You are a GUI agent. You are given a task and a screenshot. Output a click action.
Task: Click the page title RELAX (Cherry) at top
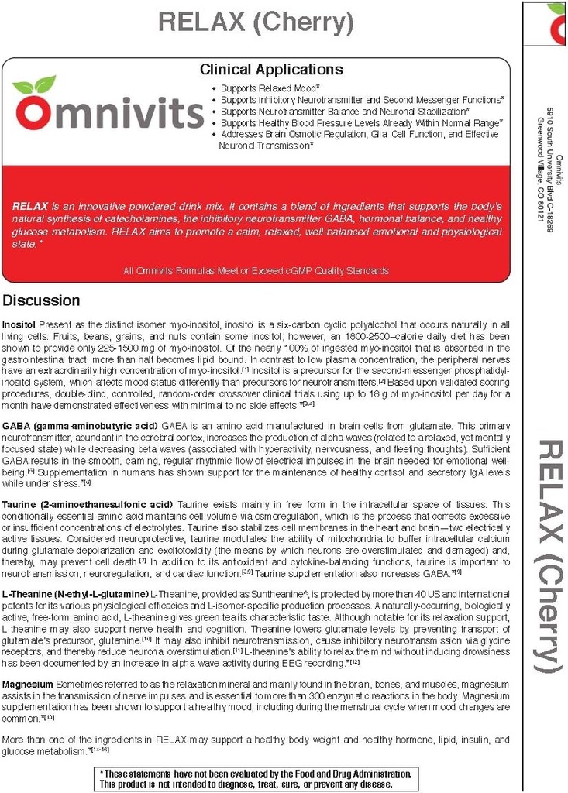(x=256, y=22)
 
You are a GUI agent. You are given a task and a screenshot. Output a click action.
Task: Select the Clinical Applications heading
(x=271, y=70)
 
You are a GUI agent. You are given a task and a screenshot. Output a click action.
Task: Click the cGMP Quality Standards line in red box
(x=256, y=270)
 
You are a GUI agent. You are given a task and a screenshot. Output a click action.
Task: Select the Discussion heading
(x=41, y=300)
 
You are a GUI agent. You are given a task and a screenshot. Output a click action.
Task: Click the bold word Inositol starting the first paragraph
(x=19, y=322)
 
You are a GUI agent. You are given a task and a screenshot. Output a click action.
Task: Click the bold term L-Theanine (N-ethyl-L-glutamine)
(x=75, y=593)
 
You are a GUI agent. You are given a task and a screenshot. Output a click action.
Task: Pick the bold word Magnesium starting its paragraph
(x=28, y=685)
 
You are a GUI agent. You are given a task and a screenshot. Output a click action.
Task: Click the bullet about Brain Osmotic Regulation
(x=360, y=134)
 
